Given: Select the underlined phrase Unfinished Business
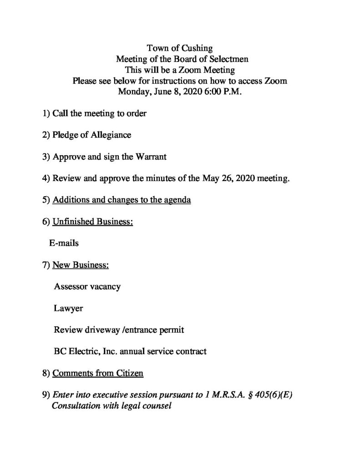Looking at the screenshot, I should point(93,222).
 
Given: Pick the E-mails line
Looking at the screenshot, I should point(64,243).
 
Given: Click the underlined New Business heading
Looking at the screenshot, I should point(81,265).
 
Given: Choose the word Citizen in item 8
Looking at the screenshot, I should point(129,374).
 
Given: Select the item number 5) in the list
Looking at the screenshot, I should point(45,201).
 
